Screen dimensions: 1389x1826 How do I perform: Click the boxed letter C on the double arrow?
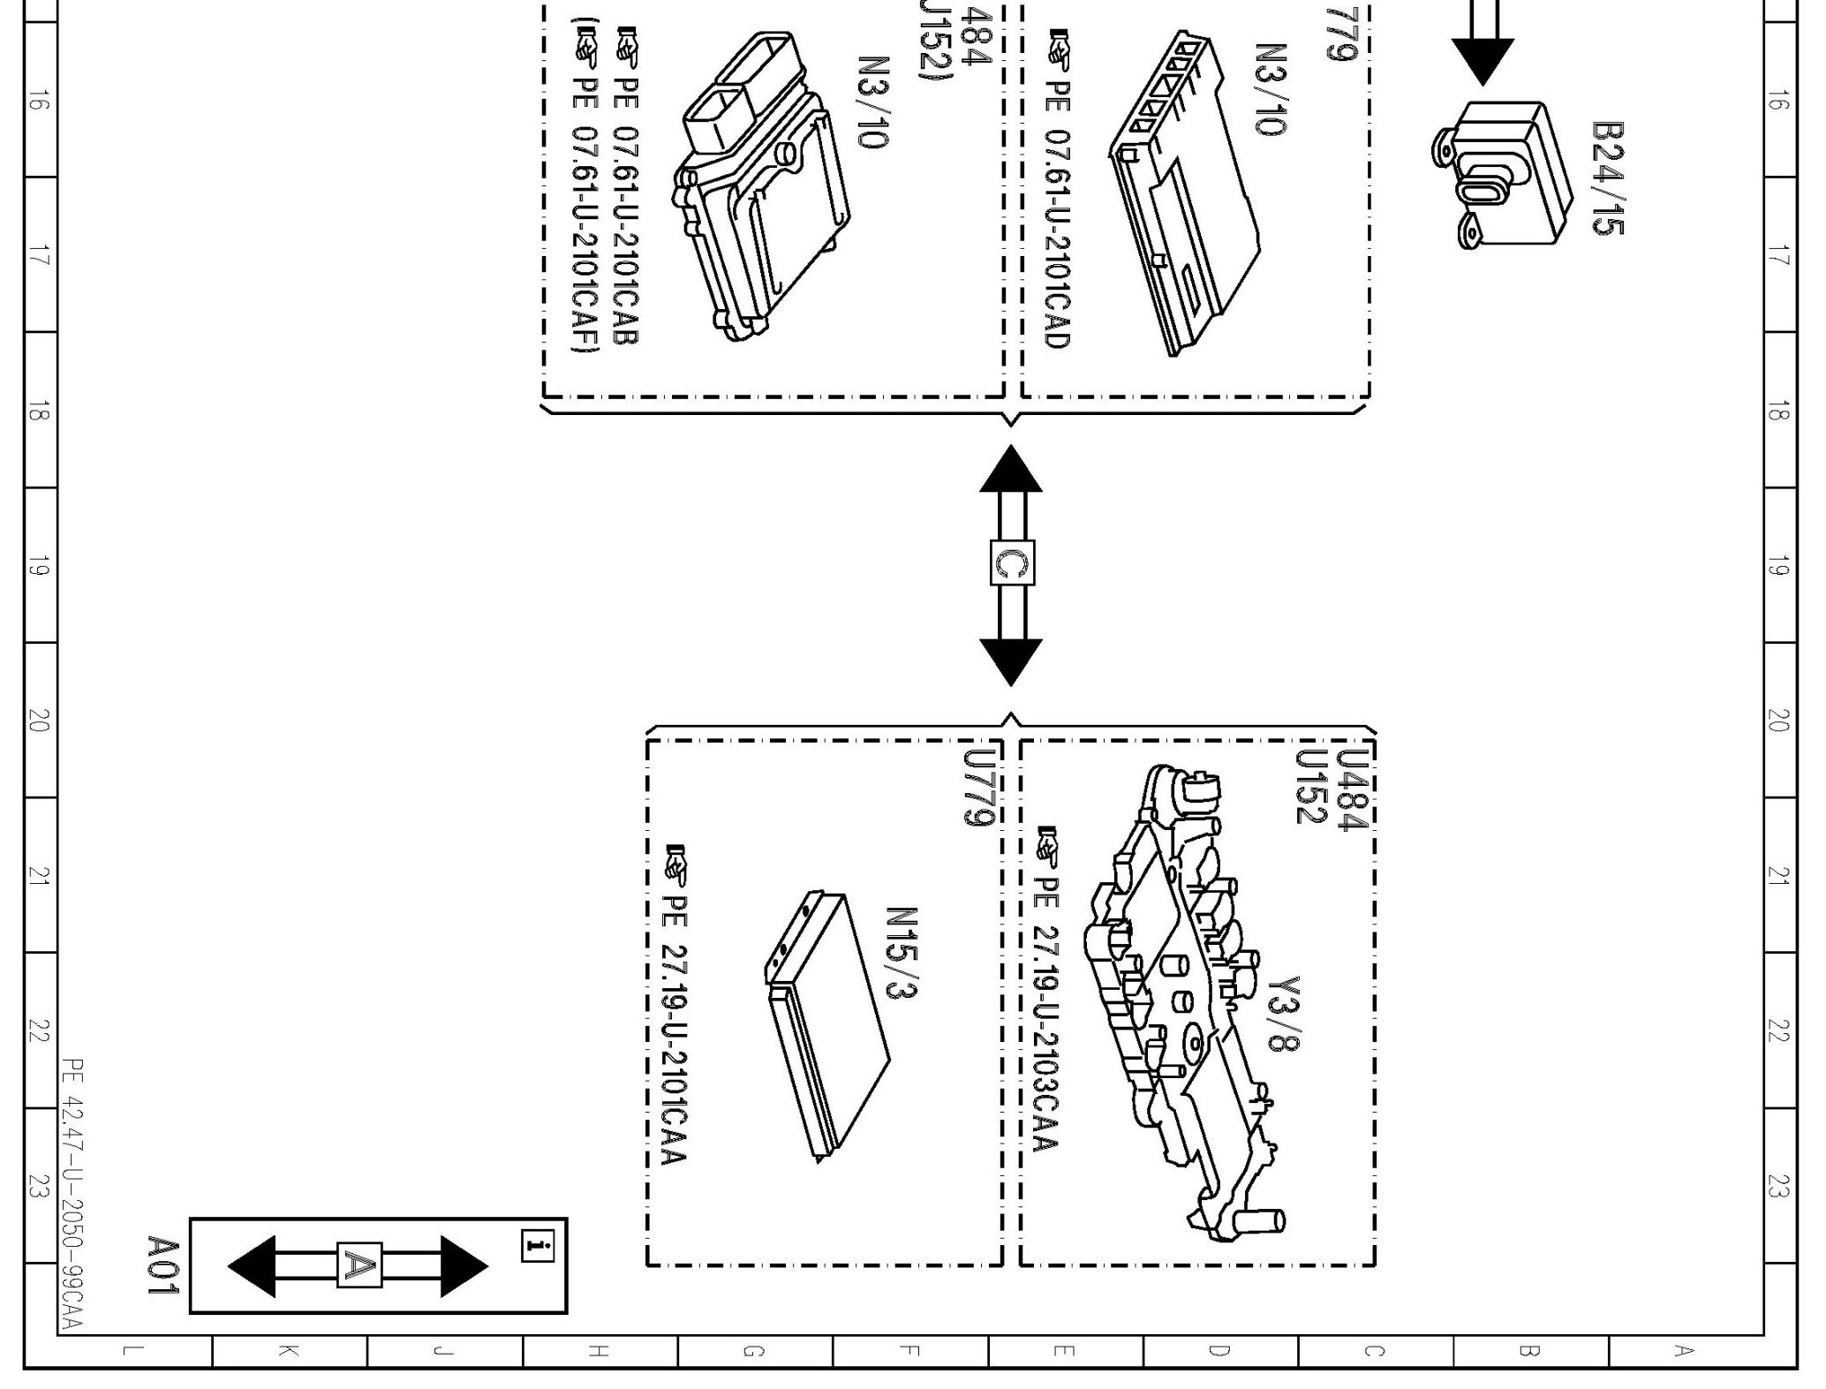(1011, 562)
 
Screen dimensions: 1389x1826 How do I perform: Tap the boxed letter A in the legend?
(359, 1266)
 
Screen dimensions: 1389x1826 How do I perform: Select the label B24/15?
(1607, 178)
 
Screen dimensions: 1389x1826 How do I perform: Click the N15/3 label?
(902, 955)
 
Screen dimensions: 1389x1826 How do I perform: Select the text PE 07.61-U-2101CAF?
(585, 221)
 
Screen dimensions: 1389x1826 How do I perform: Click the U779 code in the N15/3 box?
(979, 788)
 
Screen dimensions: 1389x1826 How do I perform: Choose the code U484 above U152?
(1352, 789)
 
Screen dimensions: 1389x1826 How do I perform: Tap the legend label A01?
(163, 1265)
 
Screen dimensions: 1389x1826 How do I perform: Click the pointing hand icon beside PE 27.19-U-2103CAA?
(1047, 845)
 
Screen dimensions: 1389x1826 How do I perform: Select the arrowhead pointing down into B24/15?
(1483, 63)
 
